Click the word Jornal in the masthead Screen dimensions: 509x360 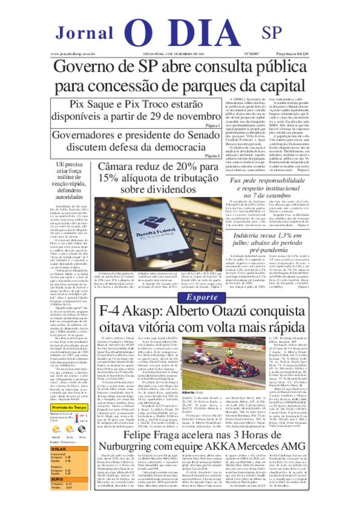click(x=84, y=33)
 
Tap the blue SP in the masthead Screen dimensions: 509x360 click(x=271, y=33)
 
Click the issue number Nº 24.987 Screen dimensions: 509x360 click(x=252, y=54)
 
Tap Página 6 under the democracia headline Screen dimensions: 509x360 click(x=212, y=156)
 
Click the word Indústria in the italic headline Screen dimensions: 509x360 click(x=248, y=235)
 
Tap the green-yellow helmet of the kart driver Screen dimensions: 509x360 click(x=229, y=353)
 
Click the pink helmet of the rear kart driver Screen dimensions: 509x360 click(x=199, y=349)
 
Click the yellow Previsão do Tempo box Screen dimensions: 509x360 click(x=69, y=407)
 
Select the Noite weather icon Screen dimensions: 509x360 click(x=82, y=430)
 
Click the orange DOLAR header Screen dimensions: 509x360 click(x=58, y=449)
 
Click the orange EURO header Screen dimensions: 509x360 click(x=57, y=479)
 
